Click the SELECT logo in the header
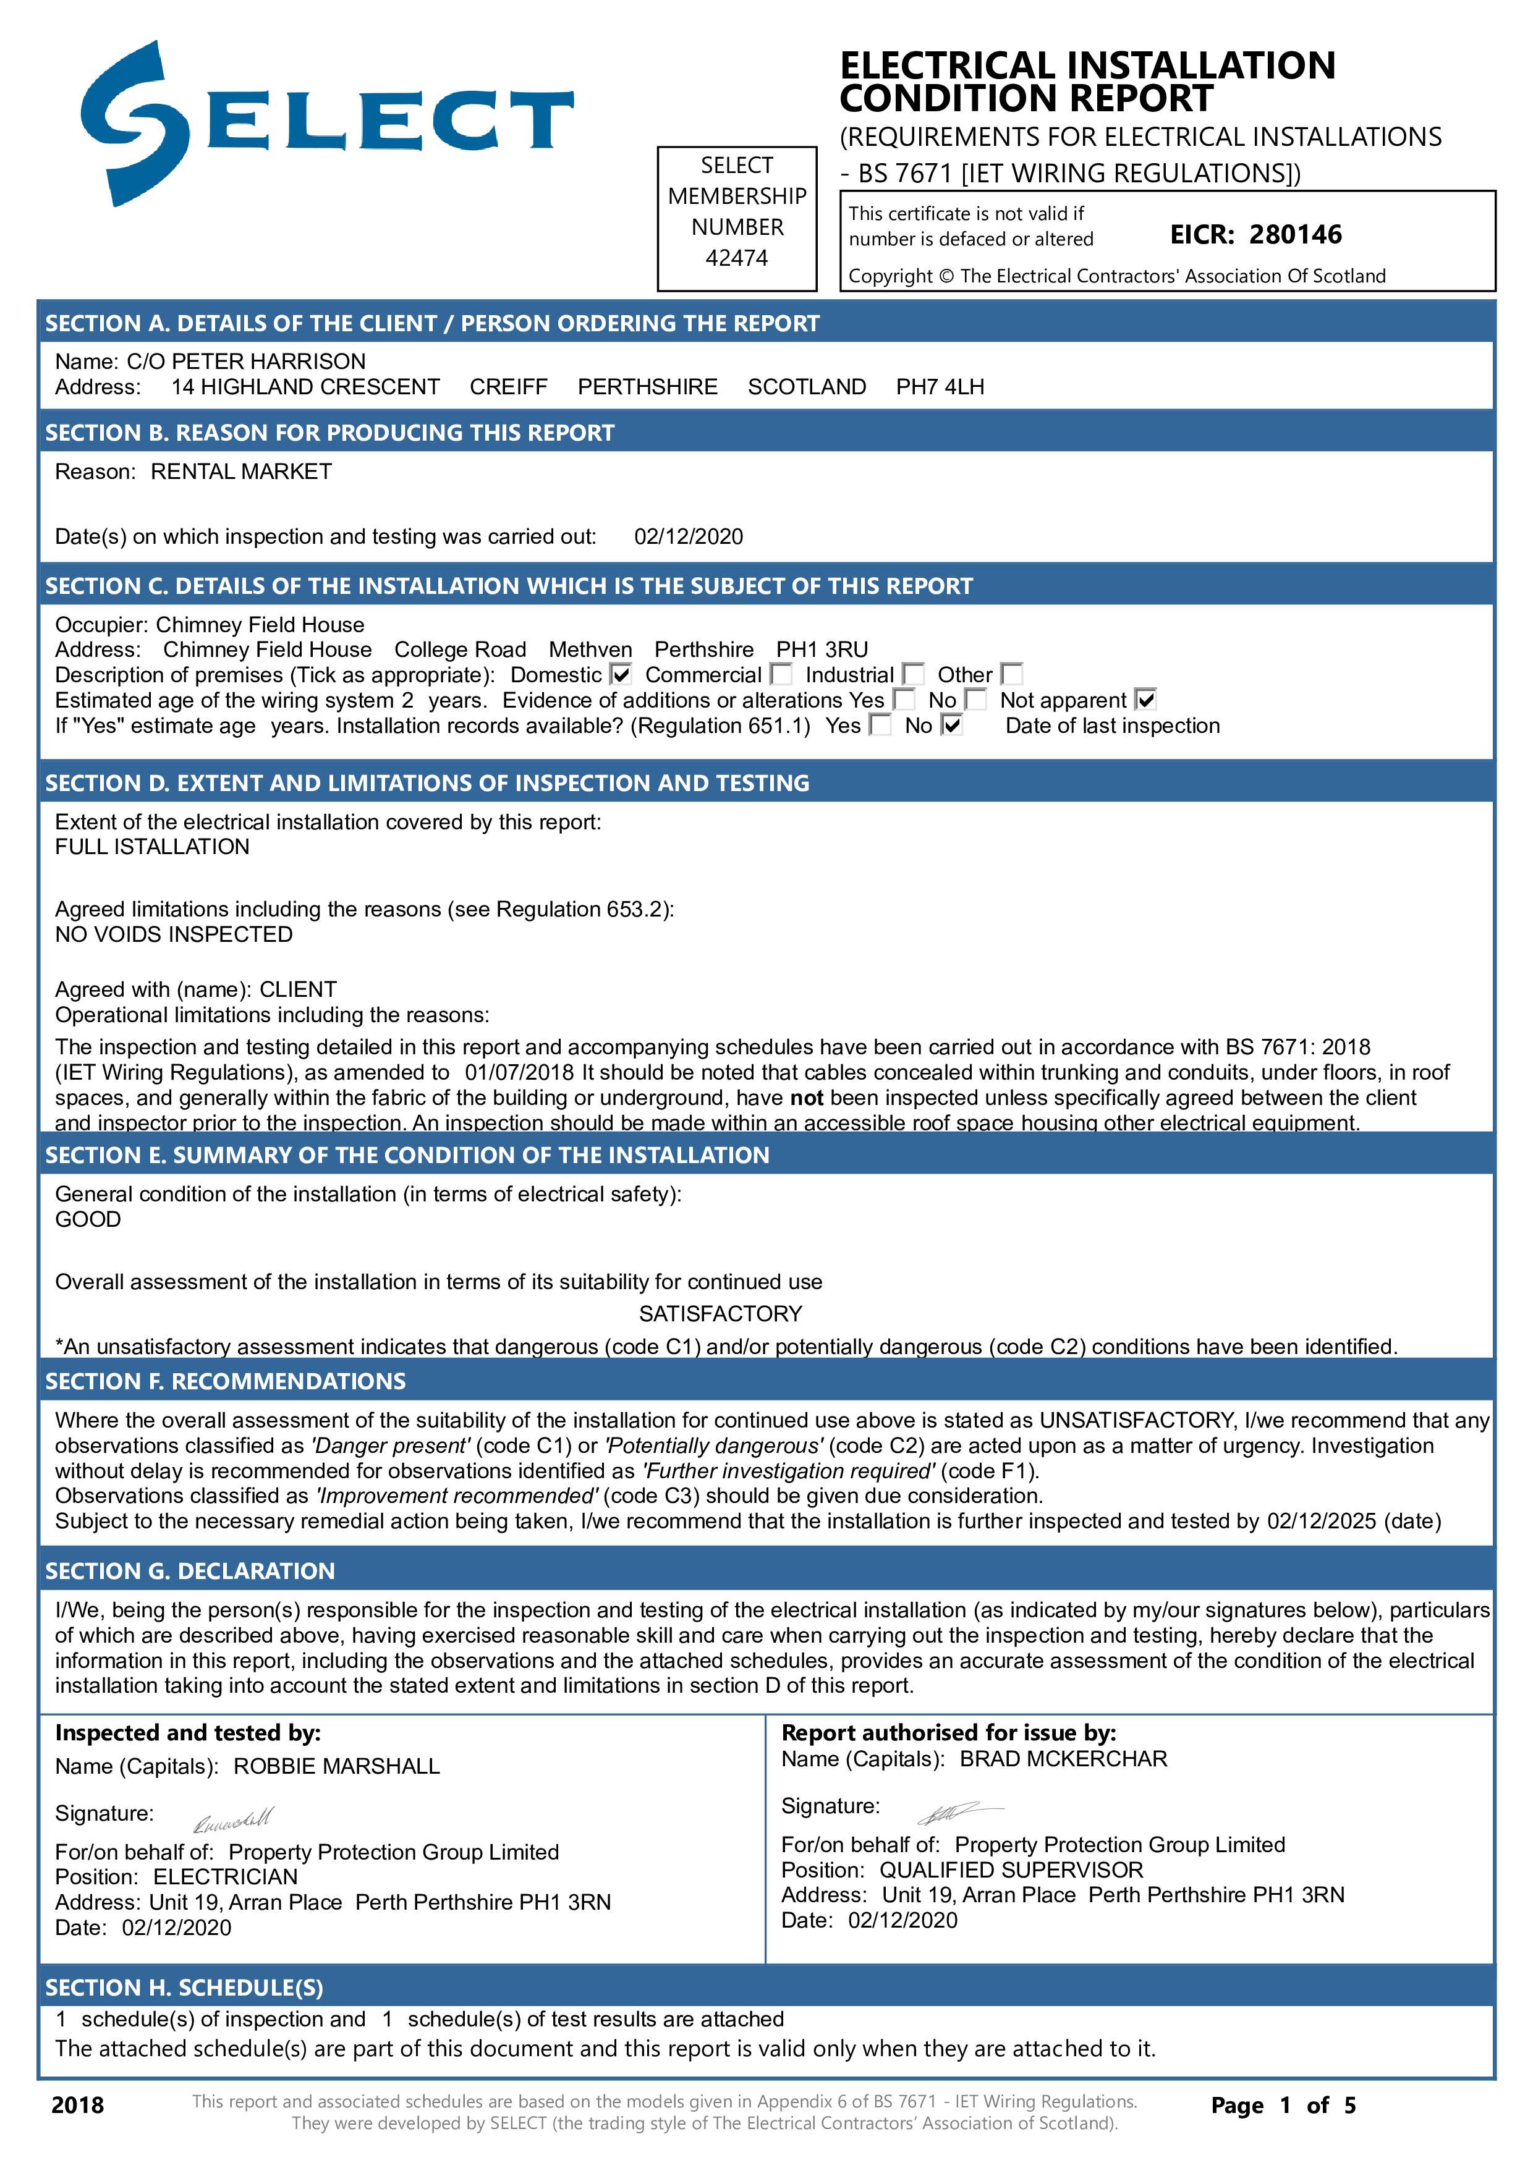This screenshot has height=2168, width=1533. pyautogui.click(x=326, y=123)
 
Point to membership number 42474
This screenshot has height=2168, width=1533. pyautogui.click(x=737, y=258)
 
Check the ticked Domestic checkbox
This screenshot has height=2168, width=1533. pyautogui.click(x=621, y=674)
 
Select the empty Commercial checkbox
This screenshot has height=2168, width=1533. pyautogui.click(x=781, y=674)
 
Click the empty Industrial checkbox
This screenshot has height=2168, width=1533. pyautogui.click(x=914, y=674)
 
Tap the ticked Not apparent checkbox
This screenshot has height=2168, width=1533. pyautogui.click(x=1146, y=700)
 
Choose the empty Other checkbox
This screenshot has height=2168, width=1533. pyautogui.click(x=1012, y=674)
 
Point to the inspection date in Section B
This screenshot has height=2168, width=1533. pyautogui.click(x=689, y=537)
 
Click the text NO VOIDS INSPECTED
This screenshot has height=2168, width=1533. pyautogui.click(x=174, y=935)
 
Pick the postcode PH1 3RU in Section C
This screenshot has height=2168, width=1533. pyautogui.click(x=822, y=650)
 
